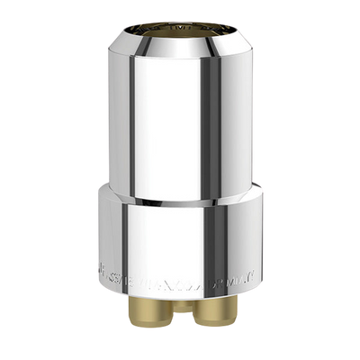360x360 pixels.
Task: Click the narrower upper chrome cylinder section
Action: click(180, 117)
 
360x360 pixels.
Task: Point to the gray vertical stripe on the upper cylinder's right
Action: click(236, 117)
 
